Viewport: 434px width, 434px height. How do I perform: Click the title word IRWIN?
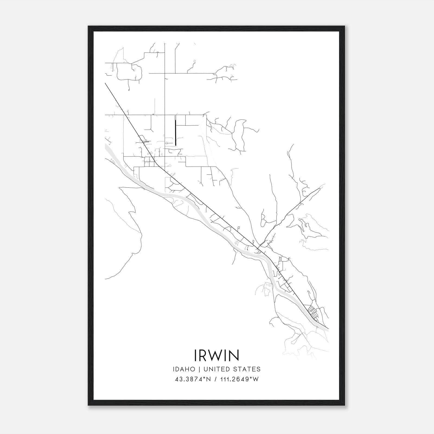pyautogui.click(x=217, y=355)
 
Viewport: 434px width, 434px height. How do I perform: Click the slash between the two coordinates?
pyautogui.click(x=216, y=379)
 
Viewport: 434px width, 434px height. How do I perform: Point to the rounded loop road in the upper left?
pyautogui.click(x=129, y=72)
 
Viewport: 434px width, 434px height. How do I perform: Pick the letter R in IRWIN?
pyautogui.click(x=204, y=355)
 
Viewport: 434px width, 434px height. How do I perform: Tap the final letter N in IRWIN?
pyautogui.click(x=235, y=355)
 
